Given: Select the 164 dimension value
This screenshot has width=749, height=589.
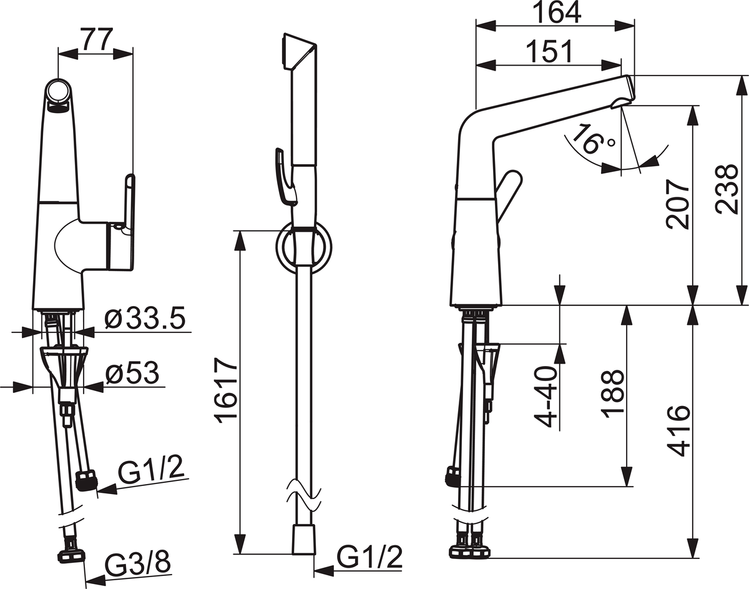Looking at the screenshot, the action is [x=556, y=13].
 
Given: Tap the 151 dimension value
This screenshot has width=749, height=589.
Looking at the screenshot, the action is [x=549, y=52].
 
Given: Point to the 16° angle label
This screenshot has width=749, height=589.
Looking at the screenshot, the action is [x=592, y=138].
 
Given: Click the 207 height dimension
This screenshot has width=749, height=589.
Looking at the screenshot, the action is [x=678, y=204].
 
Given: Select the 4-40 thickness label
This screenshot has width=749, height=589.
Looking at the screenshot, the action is [x=546, y=397].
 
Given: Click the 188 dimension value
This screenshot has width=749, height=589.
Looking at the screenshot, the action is [x=612, y=395].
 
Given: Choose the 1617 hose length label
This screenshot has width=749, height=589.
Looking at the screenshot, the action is [x=226, y=388].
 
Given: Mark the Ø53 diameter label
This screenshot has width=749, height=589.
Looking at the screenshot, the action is [x=132, y=373].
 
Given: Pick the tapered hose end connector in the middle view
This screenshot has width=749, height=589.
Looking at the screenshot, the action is [x=304, y=545].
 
